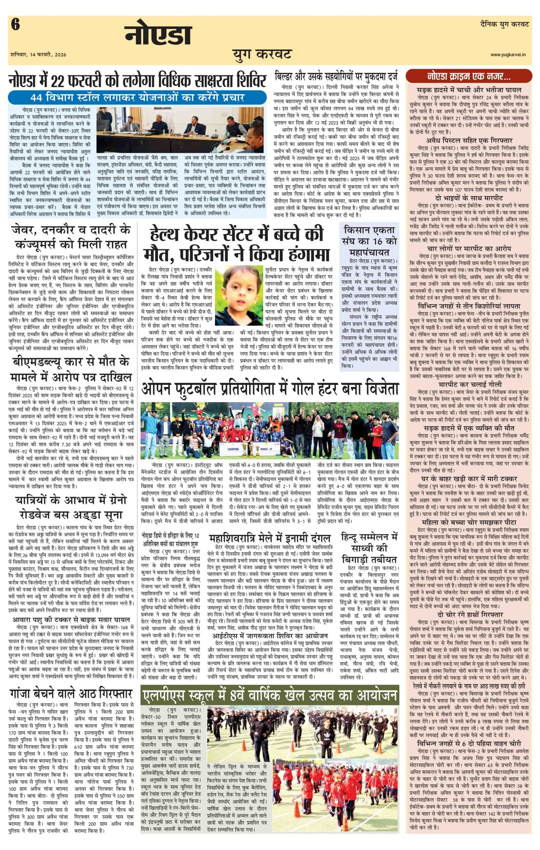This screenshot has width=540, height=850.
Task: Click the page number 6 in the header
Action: pos(15,25)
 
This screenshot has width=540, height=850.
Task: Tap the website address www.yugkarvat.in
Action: pos(508,55)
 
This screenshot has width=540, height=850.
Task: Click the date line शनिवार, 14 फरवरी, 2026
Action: pos(38,55)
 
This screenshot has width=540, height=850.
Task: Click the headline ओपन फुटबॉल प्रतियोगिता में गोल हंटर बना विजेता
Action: pos(270,389)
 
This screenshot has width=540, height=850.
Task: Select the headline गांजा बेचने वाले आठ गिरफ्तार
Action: pos(71,693)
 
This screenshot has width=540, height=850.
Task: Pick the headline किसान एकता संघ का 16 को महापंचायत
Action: pos(369,241)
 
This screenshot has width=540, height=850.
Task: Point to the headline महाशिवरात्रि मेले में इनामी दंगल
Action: pos(270,538)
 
